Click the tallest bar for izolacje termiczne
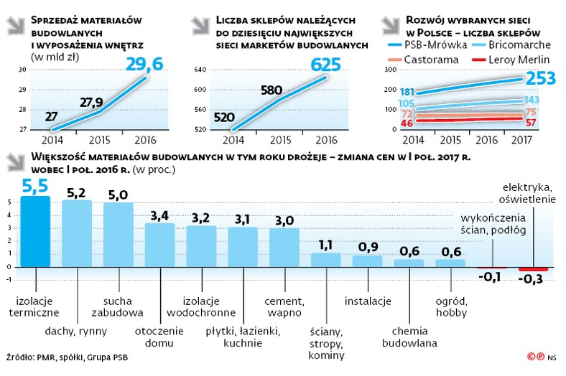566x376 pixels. point(35,232)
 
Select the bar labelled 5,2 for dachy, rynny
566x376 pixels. point(77,233)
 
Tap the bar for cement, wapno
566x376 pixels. point(284,248)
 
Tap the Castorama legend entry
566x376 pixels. point(432,59)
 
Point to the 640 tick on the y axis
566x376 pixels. point(200,70)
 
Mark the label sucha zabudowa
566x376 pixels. point(119,306)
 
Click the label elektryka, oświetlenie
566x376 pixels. point(528,194)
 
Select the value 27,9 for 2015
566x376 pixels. point(91,102)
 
